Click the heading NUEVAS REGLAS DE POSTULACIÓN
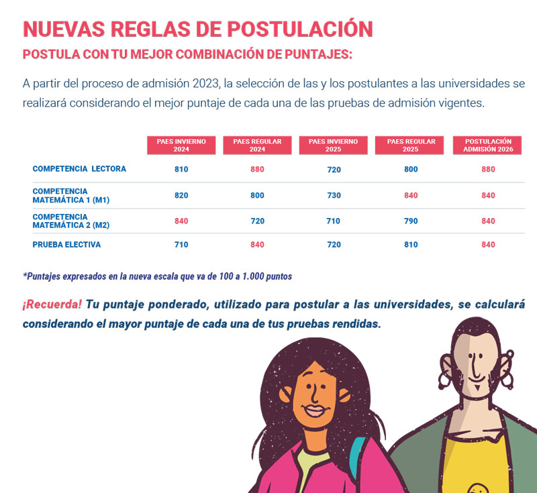click(x=197, y=29)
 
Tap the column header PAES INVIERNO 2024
click(x=181, y=146)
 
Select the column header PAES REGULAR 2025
click(x=411, y=146)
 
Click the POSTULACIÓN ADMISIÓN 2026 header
click(x=488, y=146)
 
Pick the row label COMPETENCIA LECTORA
click(x=79, y=169)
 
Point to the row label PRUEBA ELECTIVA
click(x=66, y=245)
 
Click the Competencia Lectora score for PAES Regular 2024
click(x=257, y=170)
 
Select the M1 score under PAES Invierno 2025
click(x=334, y=195)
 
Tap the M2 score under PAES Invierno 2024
click(x=181, y=221)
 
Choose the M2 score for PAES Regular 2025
click(x=411, y=221)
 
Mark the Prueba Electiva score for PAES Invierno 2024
click(x=181, y=245)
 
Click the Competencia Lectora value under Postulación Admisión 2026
click(x=488, y=170)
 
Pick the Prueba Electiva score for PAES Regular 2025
click(x=411, y=245)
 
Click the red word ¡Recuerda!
click(x=52, y=305)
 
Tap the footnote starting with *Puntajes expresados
click(x=157, y=276)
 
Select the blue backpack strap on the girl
click(x=357, y=456)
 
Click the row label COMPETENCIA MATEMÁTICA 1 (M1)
click(x=70, y=195)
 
